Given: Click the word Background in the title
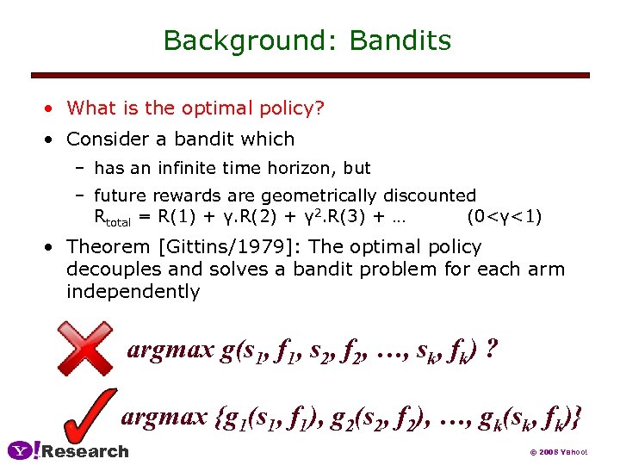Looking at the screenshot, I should tap(248, 40).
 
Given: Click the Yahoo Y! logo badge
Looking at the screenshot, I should tap(23, 450).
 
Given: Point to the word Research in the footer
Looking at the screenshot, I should tap(85, 451).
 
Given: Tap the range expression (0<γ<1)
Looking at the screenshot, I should tap(504, 216).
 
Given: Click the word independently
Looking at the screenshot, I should tap(133, 291).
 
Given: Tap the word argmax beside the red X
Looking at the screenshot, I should tap(169, 350).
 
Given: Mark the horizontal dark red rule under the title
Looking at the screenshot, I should tap(310, 75).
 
